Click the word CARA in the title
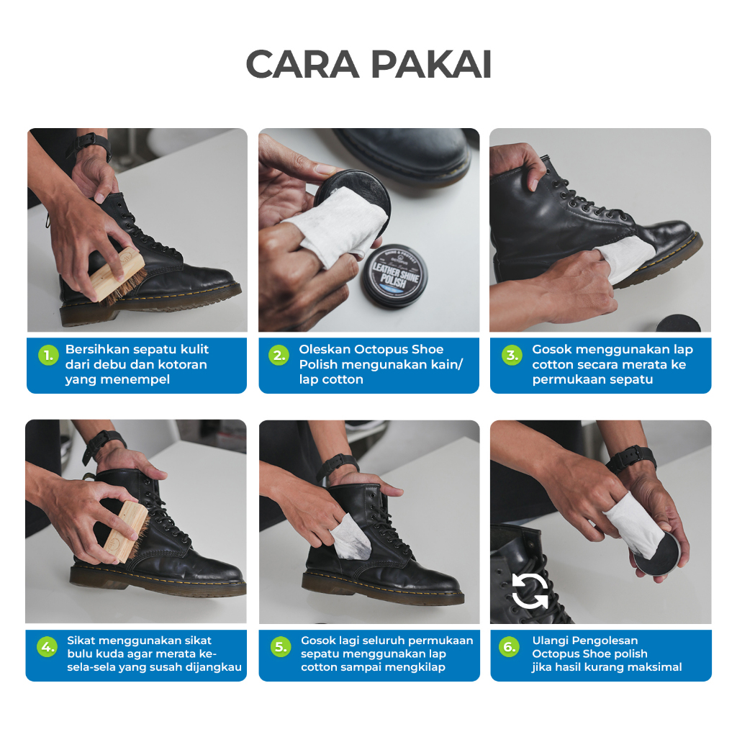[x=302, y=64]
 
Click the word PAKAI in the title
[x=432, y=64]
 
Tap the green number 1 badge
[x=48, y=356]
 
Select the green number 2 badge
[x=279, y=356]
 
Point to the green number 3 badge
[x=512, y=356]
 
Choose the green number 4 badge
[x=47, y=647]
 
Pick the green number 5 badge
[x=281, y=647]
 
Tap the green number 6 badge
[x=510, y=647]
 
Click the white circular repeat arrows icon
[x=530, y=591]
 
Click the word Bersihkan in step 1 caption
[x=97, y=349]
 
